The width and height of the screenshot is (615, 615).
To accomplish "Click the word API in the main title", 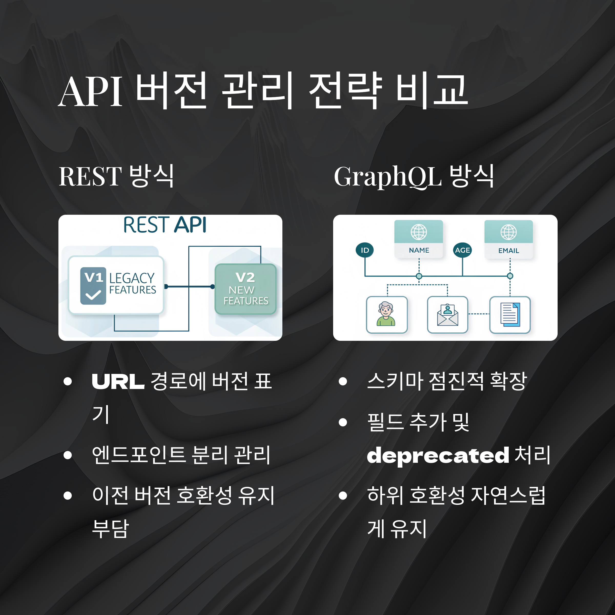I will coord(90,92).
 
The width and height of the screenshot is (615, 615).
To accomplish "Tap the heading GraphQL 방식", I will coord(414,176).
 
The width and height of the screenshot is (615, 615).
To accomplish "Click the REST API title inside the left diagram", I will coord(165,225).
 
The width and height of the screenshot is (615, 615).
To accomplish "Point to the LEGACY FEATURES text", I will coord(132,284).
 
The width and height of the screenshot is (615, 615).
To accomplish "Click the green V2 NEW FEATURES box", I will coord(245,289).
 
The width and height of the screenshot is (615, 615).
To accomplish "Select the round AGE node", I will coord(462,250).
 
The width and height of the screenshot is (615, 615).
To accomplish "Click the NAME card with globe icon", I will coord(419,239).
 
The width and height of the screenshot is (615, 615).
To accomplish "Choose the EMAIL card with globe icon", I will coord(508,239).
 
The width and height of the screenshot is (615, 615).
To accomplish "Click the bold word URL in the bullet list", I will coord(118,381).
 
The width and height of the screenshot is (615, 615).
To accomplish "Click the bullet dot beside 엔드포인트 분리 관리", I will coord(67,455).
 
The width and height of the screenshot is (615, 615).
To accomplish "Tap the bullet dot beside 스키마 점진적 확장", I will coord(343,381).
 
